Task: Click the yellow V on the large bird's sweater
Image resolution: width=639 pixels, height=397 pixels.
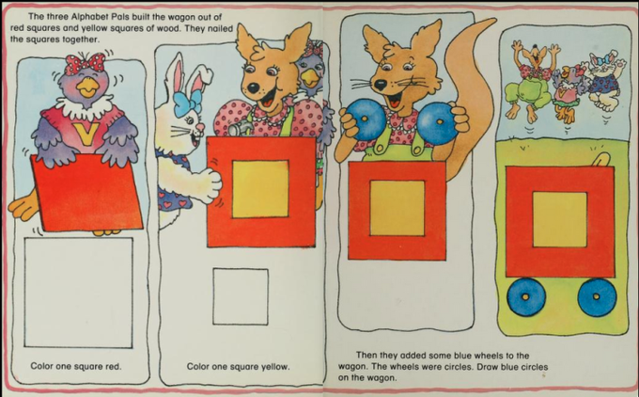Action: coord(86,134)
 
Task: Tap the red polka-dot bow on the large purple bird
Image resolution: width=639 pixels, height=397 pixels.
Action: coord(86,63)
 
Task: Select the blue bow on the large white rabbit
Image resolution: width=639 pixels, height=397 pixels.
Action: coord(188,102)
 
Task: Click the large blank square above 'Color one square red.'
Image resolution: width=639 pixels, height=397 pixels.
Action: coord(78,293)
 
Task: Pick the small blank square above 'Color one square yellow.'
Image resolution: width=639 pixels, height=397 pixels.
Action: coord(241,296)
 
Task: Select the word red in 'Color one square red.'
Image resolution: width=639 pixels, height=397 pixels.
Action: coord(114,366)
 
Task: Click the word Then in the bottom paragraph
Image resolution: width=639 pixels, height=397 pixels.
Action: coord(366,356)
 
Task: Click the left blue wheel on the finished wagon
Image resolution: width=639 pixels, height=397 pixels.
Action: coord(526,296)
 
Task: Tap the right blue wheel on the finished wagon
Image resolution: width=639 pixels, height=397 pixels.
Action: coord(597,297)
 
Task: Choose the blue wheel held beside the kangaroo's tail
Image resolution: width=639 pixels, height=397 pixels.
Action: coord(437,123)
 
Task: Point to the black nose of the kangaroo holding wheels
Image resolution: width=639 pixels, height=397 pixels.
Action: coord(380,85)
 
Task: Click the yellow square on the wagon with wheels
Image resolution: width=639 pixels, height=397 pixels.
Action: coord(560,219)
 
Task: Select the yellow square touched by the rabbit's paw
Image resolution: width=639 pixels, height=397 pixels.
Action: coord(260,189)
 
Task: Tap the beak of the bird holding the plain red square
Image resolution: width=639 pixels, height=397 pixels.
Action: coord(88,87)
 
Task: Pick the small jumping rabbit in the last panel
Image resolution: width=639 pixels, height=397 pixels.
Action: coord(604,82)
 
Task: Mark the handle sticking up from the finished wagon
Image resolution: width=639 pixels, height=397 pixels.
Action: coord(600,160)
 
